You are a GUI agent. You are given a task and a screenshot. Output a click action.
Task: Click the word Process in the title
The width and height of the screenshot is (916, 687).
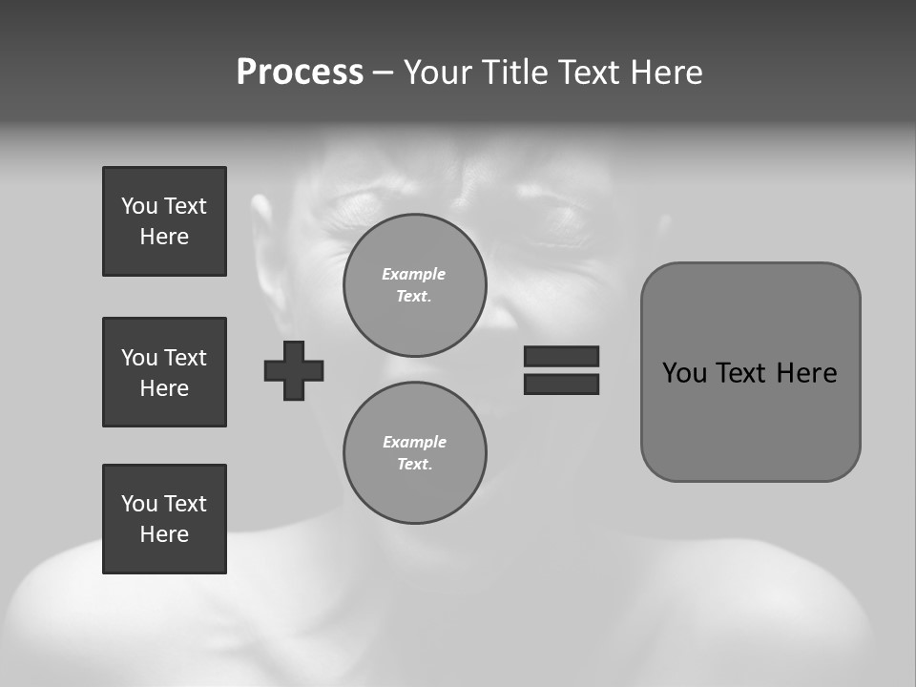pyautogui.click(x=300, y=73)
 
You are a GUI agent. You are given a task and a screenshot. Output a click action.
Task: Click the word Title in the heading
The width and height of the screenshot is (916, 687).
pyautogui.click(x=516, y=73)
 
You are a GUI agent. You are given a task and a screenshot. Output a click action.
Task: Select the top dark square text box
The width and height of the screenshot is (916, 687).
pyautogui.click(x=164, y=221)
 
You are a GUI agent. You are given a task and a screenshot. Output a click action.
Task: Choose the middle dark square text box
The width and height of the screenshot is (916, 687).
pyautogui.click(x=164, y=372)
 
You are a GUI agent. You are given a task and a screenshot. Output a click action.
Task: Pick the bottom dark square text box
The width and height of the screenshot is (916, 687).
pyautogui.click(x=164, y=519)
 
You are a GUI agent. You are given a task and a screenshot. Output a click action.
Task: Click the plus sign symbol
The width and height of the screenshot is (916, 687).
pyautogui.click(x=294, y=370)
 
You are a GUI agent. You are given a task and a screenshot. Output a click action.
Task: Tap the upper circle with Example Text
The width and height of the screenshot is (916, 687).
pyautogui.click(x=414, y=285)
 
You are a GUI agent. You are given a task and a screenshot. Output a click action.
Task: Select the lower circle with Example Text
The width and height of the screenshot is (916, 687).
pyautogui.click(x=414, y=453)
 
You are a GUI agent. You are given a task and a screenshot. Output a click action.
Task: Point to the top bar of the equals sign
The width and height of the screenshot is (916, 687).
pyautogui.click(x=561, y=356)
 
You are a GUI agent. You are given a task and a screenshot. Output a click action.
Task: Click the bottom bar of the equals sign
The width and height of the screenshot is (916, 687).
pyautogui.click(x=561, y=384)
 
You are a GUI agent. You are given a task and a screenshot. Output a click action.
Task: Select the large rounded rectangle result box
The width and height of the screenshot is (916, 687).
pyautogui.click(x=750, y=372)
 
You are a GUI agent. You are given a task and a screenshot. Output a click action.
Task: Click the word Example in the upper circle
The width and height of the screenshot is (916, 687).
pyautogui.click(x=414, y=274)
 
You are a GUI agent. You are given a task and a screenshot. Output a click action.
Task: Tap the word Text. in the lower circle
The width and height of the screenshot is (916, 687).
pyautogui.click(x=414, y=464)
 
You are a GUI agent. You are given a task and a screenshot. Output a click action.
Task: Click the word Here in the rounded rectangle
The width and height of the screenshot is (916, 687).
pyautogui.click(x=806, y=373)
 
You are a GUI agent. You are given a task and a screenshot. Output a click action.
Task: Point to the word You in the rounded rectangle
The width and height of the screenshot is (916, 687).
pyautogui.click(x=684, y=373)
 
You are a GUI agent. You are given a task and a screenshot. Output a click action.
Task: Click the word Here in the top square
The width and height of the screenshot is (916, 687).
pyautogui.click(x=164, y=237)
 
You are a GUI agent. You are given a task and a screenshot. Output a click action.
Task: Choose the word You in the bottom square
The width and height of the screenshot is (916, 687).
pyautogui.click(x=139, y=504)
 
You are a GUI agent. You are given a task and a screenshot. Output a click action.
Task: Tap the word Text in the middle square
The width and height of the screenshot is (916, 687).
pyautogui.click(x=185, y=358)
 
